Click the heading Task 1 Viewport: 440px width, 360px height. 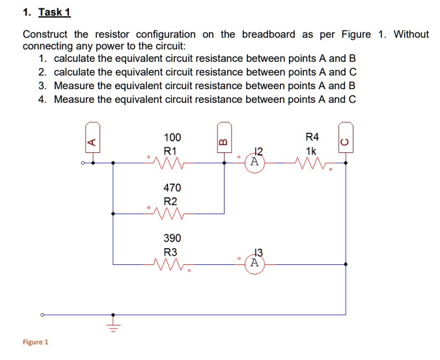coord(55,12)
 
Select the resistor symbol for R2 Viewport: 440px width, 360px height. coord(170,213)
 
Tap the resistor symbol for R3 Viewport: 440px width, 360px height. coord(171,264)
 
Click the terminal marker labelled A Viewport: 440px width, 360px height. coord(92,138)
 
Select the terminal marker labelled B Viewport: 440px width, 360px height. coord(223,138)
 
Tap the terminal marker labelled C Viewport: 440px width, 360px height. coord(345,138)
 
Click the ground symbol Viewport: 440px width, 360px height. coord(113,323)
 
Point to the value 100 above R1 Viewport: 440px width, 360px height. coord(172,137)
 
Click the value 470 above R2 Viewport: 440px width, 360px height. coord(172,188)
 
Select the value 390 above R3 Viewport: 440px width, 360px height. coord(172,239)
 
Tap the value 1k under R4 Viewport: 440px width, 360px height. coord(312,150)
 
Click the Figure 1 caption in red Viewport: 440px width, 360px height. coord(35,342)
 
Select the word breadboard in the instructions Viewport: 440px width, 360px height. coord(268,34)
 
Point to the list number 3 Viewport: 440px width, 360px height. coord(42,86)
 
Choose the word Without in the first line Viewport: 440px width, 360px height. coord(411,34)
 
